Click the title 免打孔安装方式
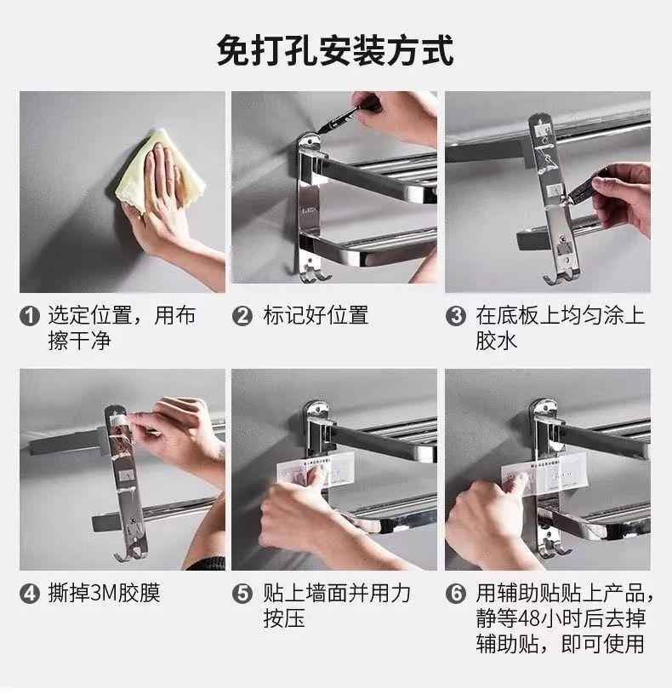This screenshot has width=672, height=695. [335, 50]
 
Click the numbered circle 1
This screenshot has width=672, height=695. [30, 316]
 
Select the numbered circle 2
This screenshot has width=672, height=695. [242, 316]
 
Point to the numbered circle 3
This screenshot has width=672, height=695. [456, 316]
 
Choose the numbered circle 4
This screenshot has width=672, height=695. [30, 594]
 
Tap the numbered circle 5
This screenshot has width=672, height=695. [242, 594]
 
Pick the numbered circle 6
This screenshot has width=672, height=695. [456, 594]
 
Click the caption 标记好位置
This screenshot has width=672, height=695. [316, 315]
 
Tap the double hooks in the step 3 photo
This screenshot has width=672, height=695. [561, 275]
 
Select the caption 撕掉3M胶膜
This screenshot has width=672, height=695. [104, 593]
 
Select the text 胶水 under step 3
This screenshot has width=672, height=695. [496, 341]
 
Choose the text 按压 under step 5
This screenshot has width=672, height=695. [284, 618]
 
